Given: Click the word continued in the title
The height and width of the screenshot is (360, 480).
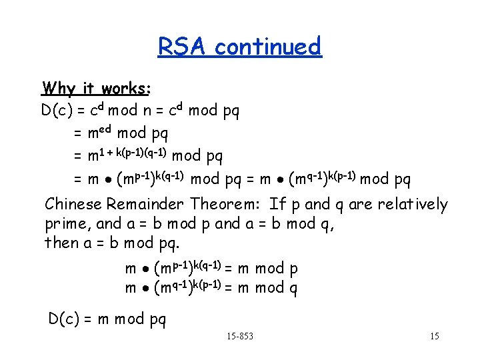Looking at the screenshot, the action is pos(268,47).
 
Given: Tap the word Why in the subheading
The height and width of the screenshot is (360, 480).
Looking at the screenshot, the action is pos(59,88).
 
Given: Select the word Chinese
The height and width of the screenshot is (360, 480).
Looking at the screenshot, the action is pos(73,204).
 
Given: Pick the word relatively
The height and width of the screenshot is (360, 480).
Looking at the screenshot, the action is pos(413,204).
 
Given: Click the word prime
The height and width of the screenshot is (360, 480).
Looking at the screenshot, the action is pos(65,224).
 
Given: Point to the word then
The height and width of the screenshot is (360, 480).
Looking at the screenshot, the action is pos(61,243).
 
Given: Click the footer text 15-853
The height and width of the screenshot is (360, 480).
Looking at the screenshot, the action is pos(240,336).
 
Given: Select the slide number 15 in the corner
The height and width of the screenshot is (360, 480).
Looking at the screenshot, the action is pos(434,336).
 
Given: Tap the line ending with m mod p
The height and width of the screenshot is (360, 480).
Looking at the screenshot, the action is pos(211,269).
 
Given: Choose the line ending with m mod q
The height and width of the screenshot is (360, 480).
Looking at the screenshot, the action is pos(211,288).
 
